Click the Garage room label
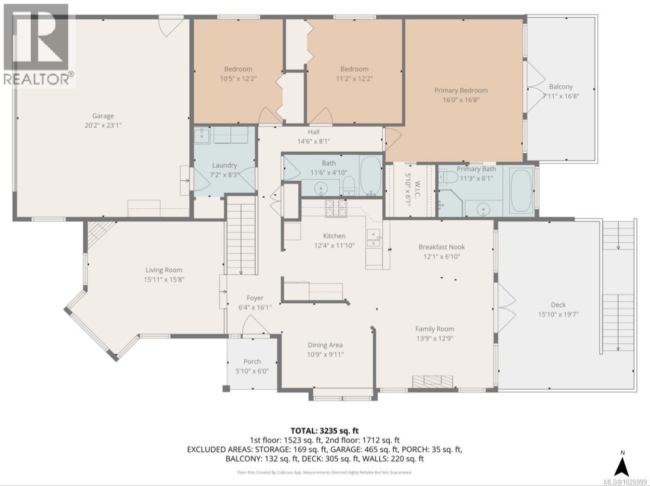[103, 116]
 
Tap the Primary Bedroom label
[461, 90]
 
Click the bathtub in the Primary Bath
[520, 191]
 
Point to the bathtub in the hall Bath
[372, 176]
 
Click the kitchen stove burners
[335, 208]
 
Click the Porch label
[252, 361]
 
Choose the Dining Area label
[325, 345]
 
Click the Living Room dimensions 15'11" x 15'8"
[164, 279]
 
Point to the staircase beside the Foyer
[241, 235]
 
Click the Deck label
[558, 305]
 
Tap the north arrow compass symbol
[623, 464]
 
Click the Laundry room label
[224, 165]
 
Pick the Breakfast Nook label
[441, 247]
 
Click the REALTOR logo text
[38, 79]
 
